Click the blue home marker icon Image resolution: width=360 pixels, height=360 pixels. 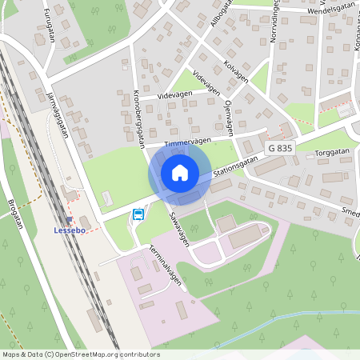pyautogui.click(x=179, y=173)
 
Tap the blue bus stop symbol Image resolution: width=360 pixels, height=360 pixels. pyautogui.click(x=138, y=214)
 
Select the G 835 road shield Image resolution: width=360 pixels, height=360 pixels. pyautogui.click(x=281, y=149)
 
